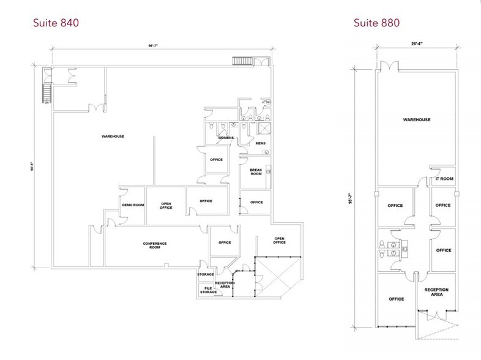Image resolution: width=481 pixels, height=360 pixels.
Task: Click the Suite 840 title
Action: pos(56,23)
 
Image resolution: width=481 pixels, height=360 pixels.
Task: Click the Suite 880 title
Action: pos(376,23)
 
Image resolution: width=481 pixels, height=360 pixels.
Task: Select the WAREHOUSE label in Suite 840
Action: pos(113,136)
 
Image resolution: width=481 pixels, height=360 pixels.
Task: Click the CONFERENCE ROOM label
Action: pos(155,246)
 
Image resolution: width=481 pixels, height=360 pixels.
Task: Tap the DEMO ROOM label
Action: pos(133,204)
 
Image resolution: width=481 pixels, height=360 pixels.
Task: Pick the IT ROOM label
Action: pos(444,179)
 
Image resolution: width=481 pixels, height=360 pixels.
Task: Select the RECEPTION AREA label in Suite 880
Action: pos(436,291)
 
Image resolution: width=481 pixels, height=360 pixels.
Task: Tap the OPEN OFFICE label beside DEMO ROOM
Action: pos(166,206)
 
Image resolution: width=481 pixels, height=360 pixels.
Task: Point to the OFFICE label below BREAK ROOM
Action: pos(256,202)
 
